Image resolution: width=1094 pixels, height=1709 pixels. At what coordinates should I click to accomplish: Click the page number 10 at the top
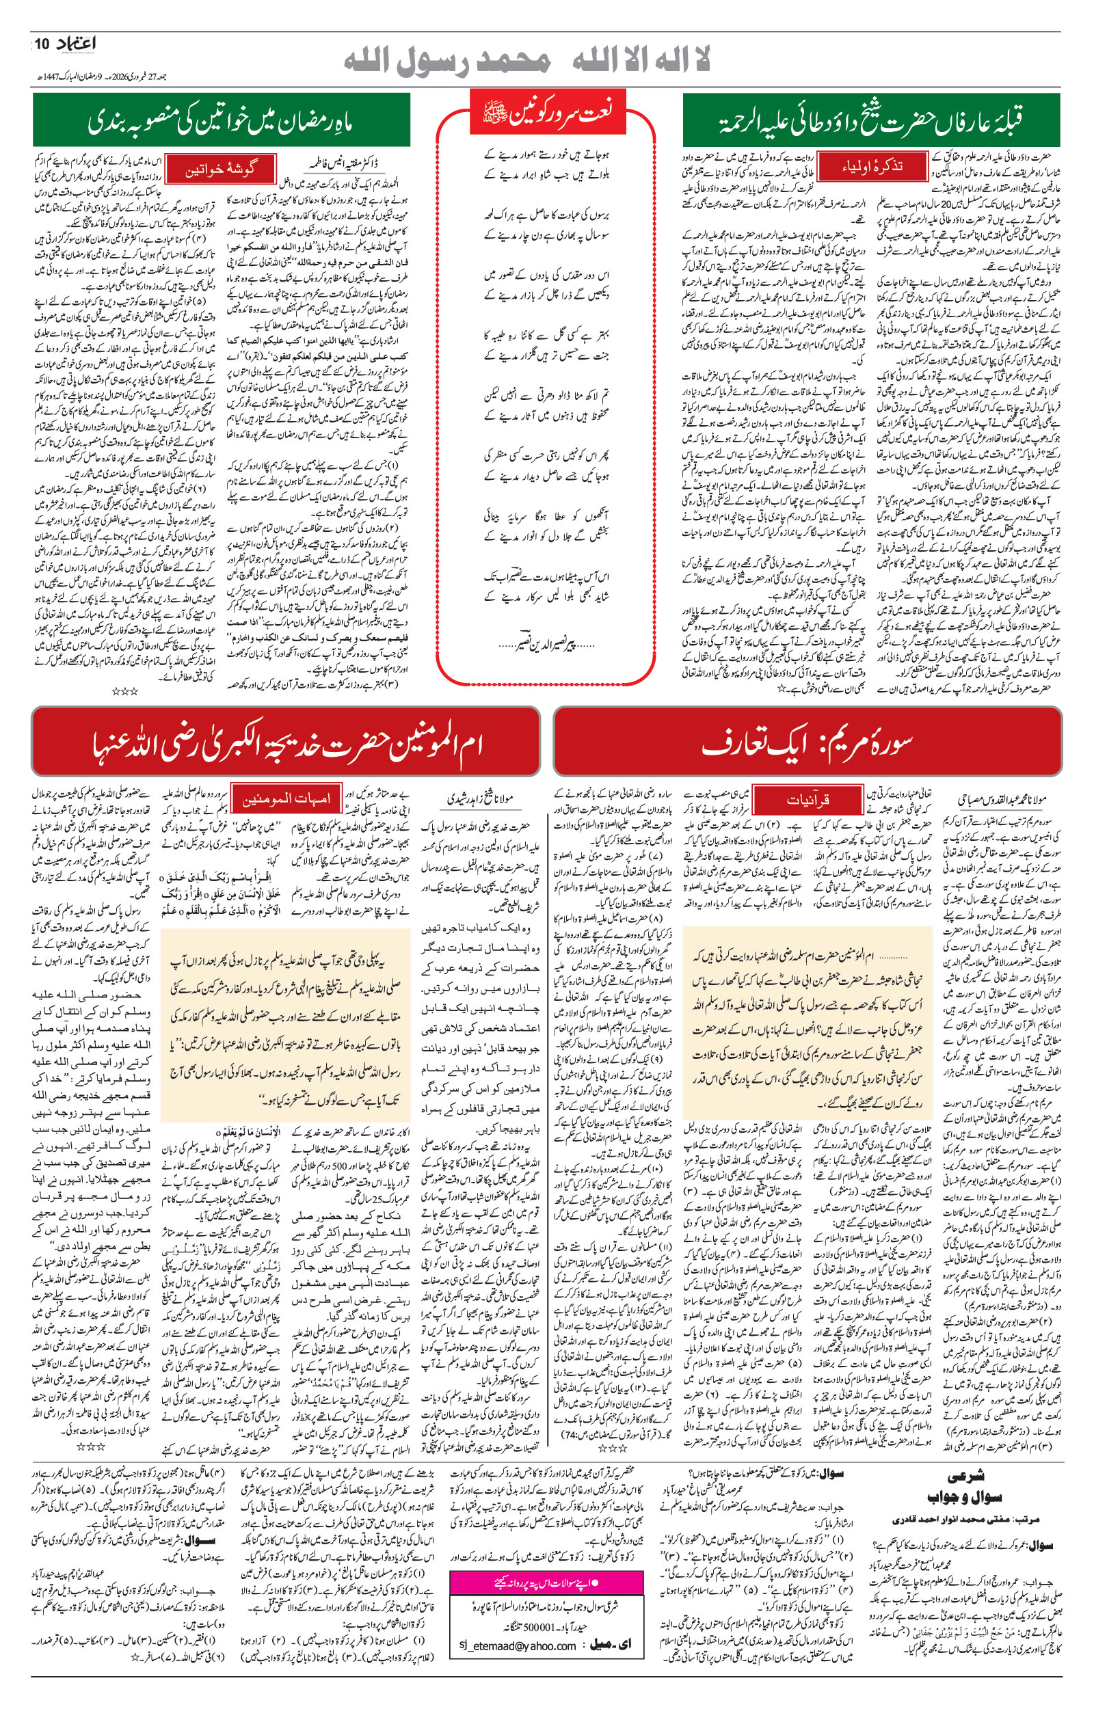pos(40,44)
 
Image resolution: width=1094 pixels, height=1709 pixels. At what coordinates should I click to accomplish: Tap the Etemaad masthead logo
pos(75,44)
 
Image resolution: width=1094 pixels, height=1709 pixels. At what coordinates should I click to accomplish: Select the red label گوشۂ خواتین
pos(221,170)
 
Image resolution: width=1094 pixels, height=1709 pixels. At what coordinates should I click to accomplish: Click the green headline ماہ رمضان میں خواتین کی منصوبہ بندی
pos(221,121)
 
